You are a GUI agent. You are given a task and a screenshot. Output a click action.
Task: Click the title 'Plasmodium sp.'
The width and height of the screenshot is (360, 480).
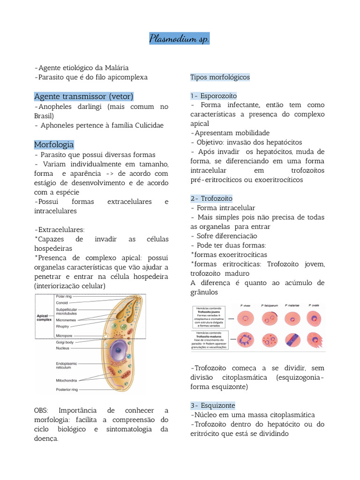coord(180,39)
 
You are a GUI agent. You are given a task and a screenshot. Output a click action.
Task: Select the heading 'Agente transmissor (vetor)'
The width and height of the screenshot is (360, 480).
coord(84,96)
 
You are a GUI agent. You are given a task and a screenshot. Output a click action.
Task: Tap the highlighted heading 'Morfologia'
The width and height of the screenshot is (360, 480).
coord(54,144)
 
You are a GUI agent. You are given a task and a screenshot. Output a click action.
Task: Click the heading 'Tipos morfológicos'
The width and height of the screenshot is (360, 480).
coord(220,77)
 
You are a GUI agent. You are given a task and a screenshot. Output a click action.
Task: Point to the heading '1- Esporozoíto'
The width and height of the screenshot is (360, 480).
coord(214,96)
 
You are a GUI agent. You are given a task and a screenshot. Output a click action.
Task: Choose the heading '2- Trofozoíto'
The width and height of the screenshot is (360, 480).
coord(211,198)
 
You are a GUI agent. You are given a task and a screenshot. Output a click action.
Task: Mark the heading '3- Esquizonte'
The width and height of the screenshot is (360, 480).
coord(213,405)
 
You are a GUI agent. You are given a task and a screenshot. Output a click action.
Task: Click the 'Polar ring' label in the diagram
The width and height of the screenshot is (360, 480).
coord(64,296)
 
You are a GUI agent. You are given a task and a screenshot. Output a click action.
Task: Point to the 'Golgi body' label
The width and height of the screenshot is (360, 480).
coord(65,342)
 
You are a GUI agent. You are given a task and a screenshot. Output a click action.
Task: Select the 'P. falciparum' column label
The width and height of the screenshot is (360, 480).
coord(270,305)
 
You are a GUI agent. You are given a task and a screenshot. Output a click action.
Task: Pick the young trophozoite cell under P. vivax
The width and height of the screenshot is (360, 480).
coord(246,319)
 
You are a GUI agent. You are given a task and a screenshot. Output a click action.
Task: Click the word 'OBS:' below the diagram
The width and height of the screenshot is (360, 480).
coord(42,411)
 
